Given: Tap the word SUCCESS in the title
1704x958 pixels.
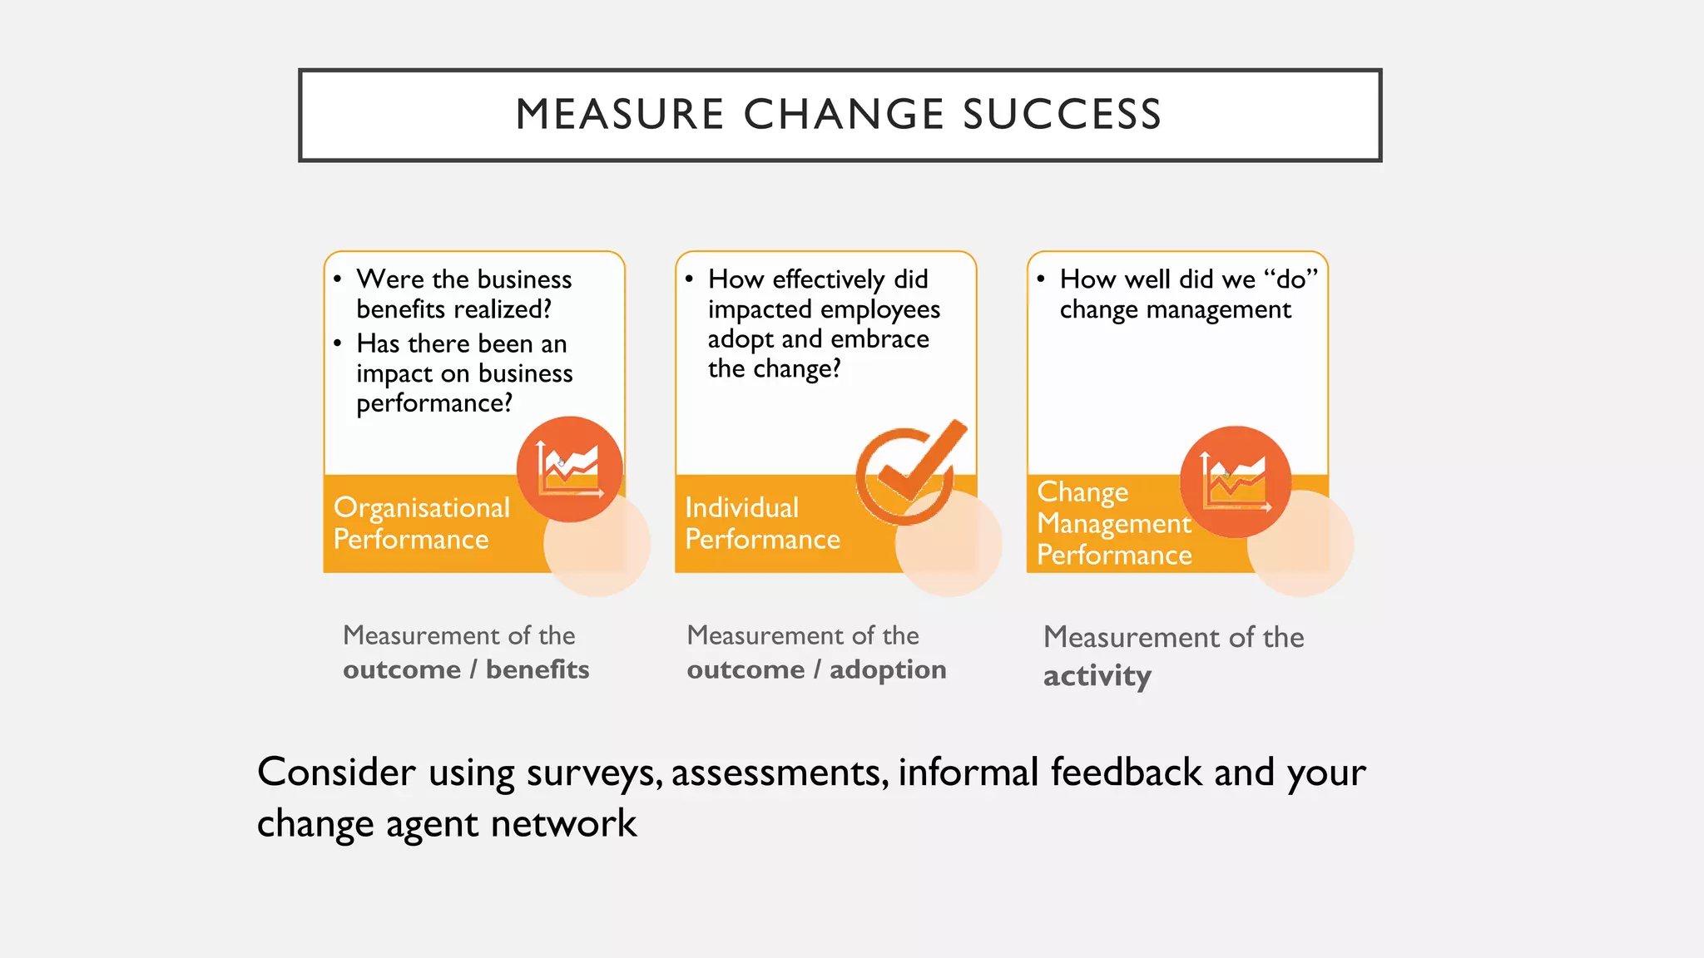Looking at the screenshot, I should (x=1063, y=114).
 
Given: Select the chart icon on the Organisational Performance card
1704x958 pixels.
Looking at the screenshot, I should (x=569, y=469).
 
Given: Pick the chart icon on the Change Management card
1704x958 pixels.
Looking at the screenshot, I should (x=1236, y=481).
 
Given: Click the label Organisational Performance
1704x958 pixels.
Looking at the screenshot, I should (x=421, y=523).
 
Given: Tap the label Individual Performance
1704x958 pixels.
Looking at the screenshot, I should (x=762, y=523).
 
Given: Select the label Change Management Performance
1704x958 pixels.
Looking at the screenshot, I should (x=1114, y=523).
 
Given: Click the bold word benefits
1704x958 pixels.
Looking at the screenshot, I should (x=537, y=669).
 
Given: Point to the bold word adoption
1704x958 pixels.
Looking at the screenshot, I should (x=888, y=669).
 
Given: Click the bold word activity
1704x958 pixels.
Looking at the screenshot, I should (x=1097, y=676).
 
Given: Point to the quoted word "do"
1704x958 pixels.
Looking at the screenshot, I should (x=1290, y=279).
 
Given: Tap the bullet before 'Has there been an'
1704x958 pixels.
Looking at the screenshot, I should (x=337, y=343).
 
